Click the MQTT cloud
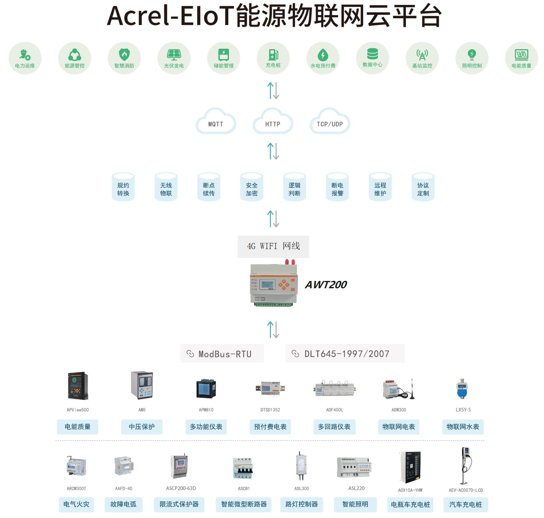point(216,122)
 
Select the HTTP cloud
point(273,122)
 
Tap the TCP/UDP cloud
point(330,122)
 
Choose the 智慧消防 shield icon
point(124,55)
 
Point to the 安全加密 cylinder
point(252,187)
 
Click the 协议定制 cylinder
point(423,187)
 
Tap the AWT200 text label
point(326,285)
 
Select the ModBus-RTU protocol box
point(222,354)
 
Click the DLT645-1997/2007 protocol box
point(345,354)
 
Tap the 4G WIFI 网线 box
point(273,246)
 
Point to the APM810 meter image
point(206,389)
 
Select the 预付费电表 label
point(270,427)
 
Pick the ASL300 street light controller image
point(301,466)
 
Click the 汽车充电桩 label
point(466,505)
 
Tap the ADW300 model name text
point(399,410)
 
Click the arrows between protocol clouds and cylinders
point(273,151)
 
